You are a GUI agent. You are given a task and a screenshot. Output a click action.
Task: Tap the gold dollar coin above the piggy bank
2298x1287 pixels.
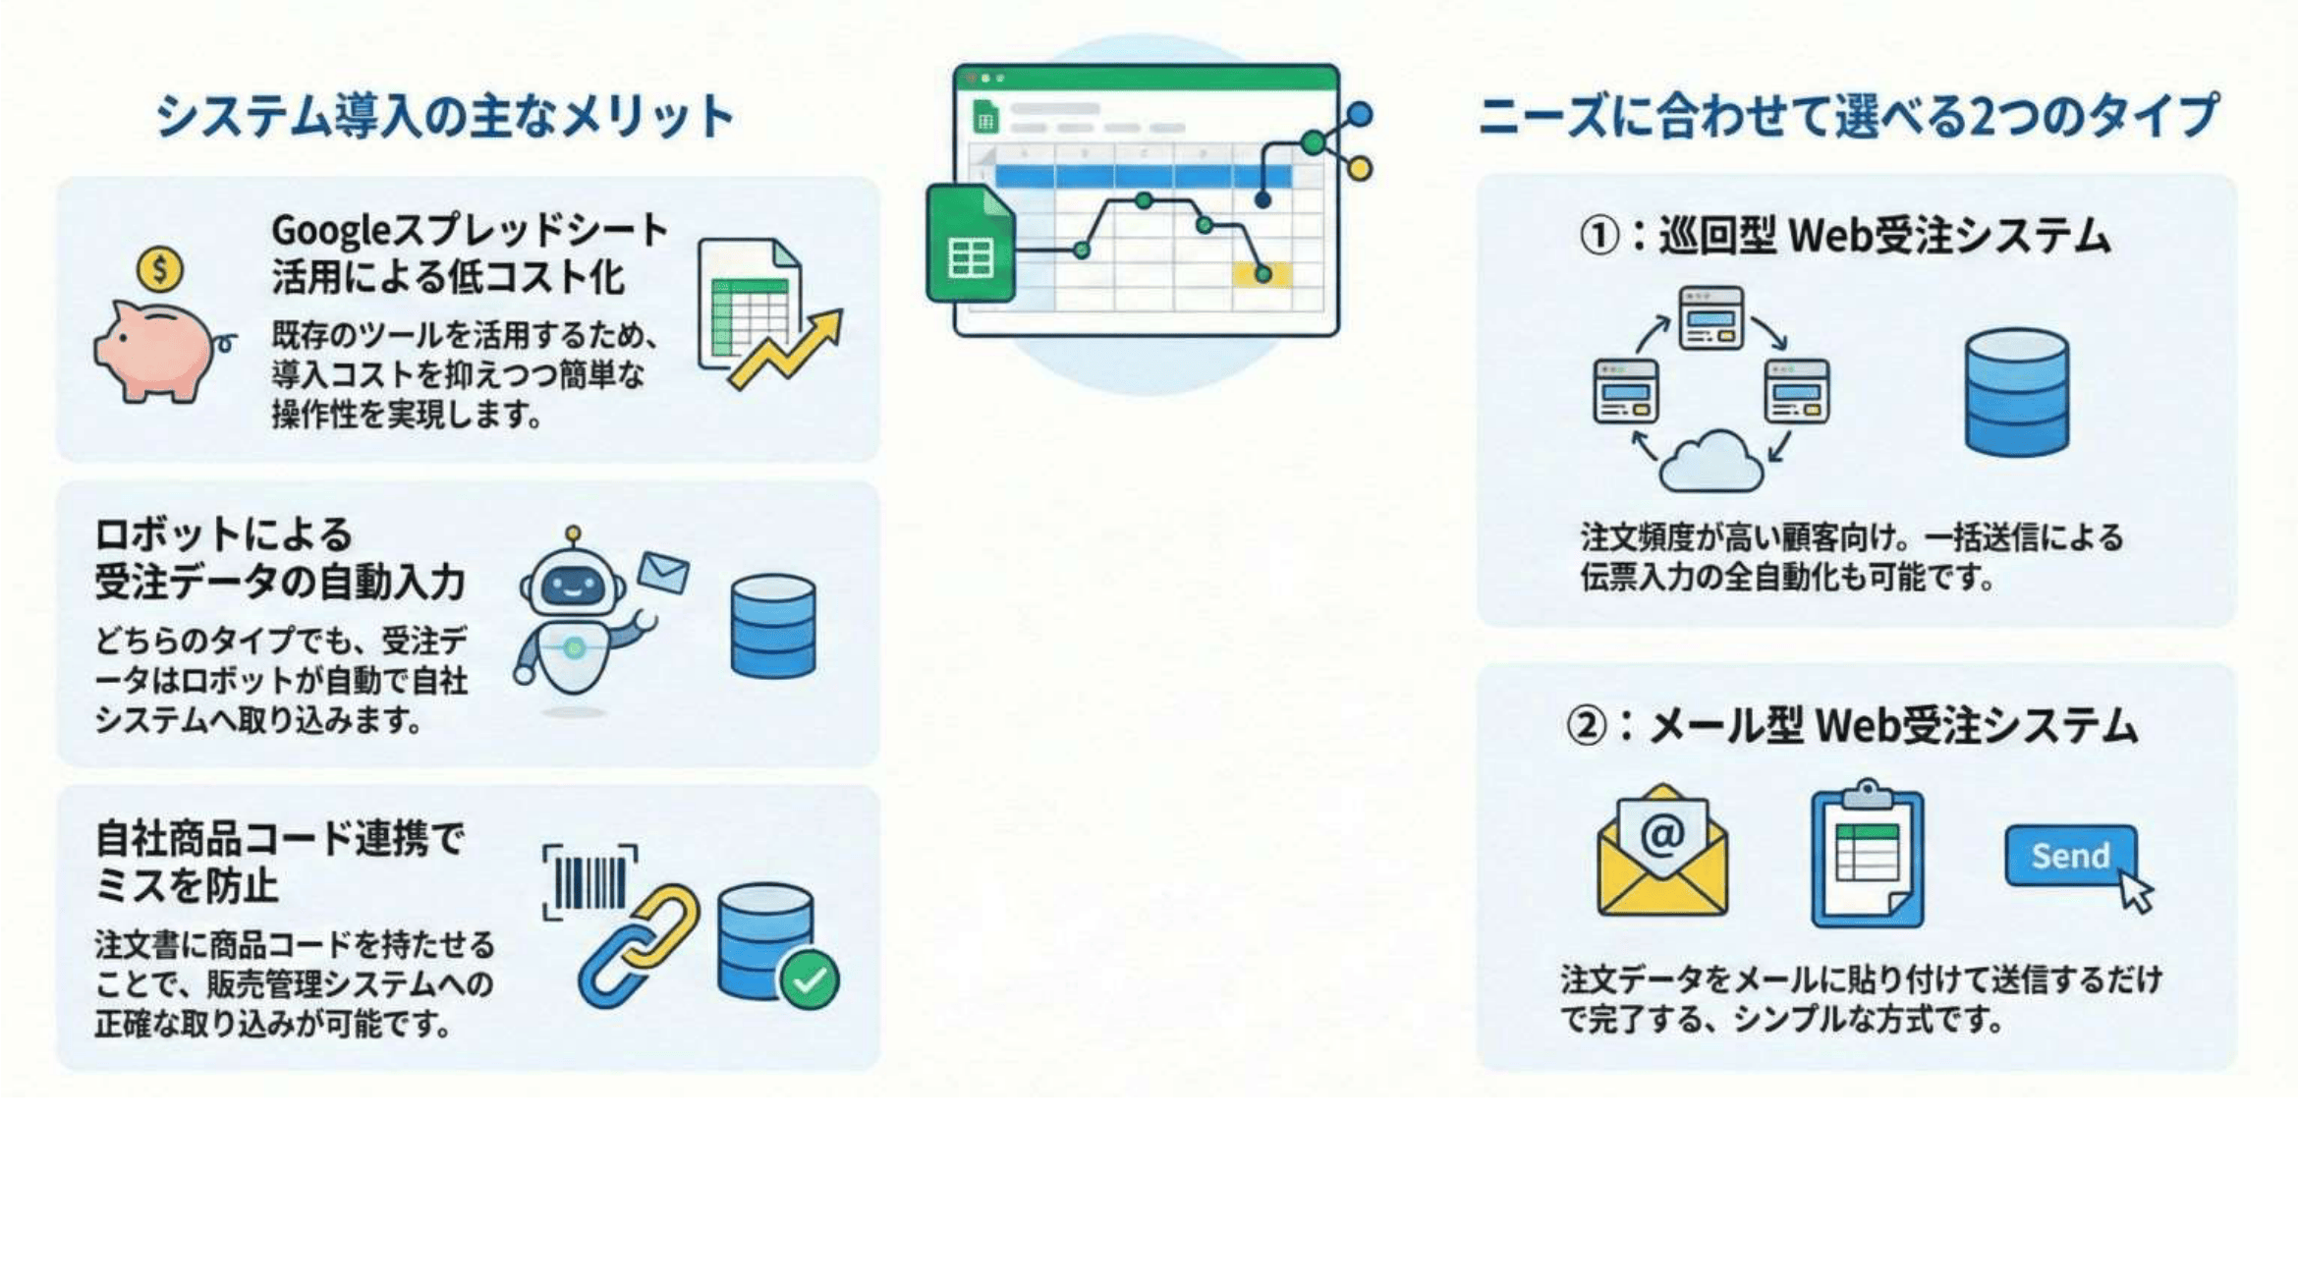tap(159, 268)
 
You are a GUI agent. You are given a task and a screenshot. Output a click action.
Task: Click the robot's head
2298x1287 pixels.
tap(573, 584)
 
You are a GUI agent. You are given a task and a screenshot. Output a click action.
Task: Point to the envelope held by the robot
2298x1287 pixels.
tap(663, 572)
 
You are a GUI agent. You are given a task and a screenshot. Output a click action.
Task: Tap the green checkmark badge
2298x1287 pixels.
tap(809, 979)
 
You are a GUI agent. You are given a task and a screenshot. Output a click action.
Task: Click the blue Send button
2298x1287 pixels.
tap(2070, 856)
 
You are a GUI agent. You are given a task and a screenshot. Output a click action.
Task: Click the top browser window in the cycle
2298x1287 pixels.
tap(1710, 317)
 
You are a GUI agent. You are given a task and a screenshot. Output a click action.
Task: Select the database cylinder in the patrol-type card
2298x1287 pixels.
tap(2016, 392)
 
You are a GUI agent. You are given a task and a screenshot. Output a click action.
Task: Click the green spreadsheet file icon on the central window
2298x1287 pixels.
tap(970, 244)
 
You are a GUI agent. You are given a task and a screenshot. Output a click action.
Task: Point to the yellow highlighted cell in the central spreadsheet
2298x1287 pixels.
tap(1261, 274)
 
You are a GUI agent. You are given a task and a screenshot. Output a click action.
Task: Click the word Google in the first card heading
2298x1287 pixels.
tap(322, 231)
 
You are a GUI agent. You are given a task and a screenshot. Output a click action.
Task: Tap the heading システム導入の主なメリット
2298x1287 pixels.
tap(445, 116)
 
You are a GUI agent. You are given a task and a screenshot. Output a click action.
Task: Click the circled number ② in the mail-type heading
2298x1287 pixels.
tap(1586, 727)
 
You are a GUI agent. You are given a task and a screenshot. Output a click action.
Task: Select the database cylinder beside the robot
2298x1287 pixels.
tap(773, 626)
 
